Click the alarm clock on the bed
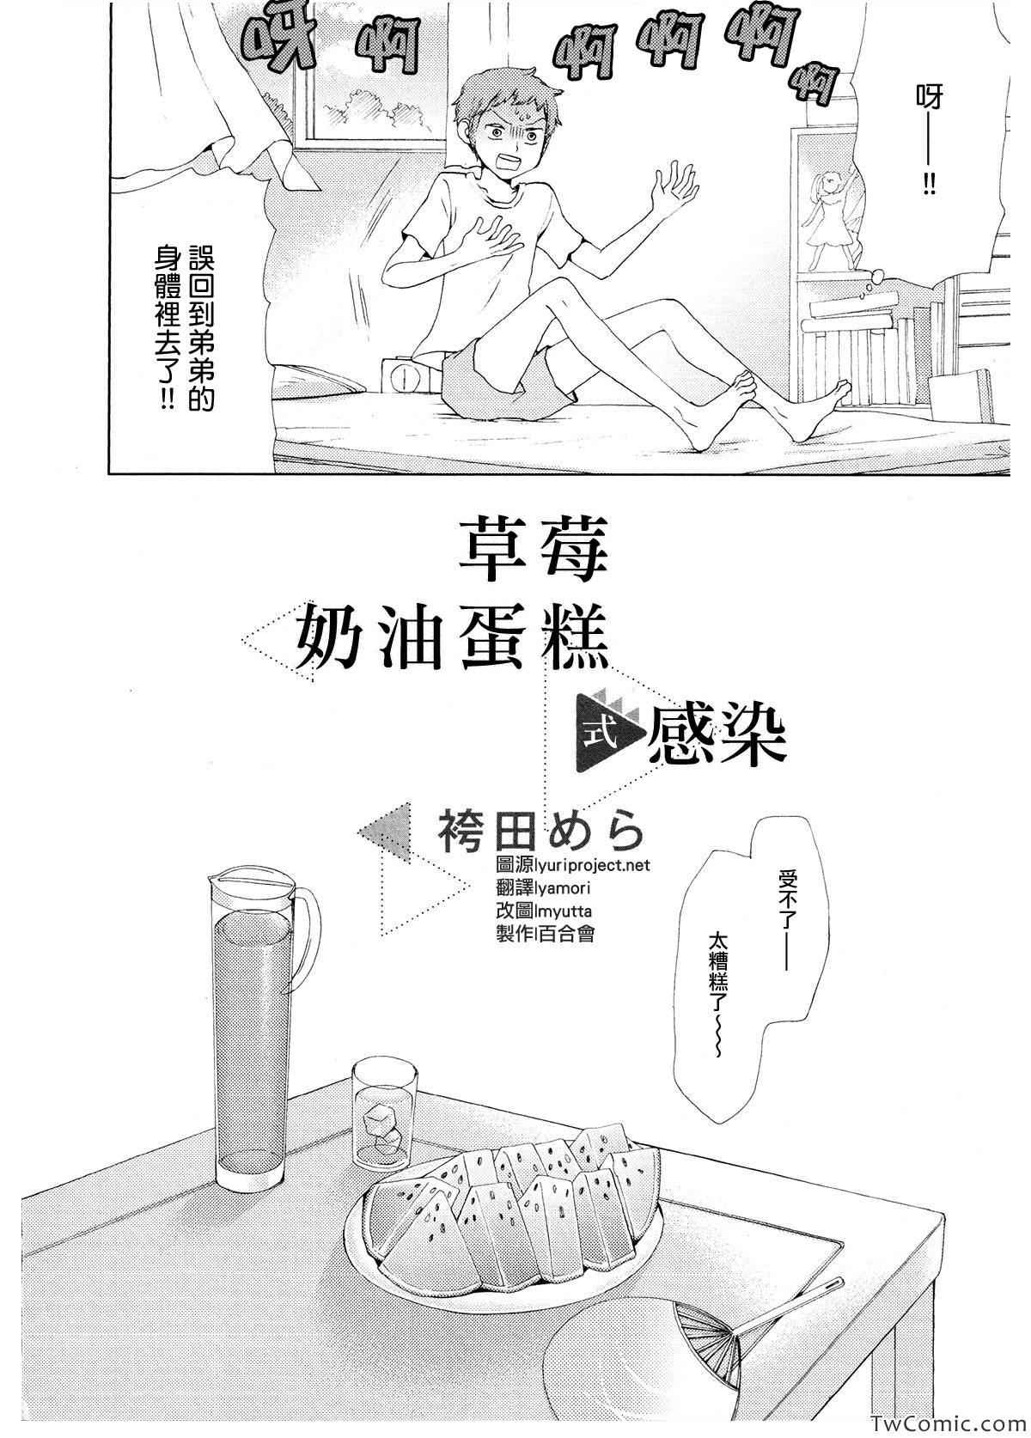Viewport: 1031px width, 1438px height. (402, 377)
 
